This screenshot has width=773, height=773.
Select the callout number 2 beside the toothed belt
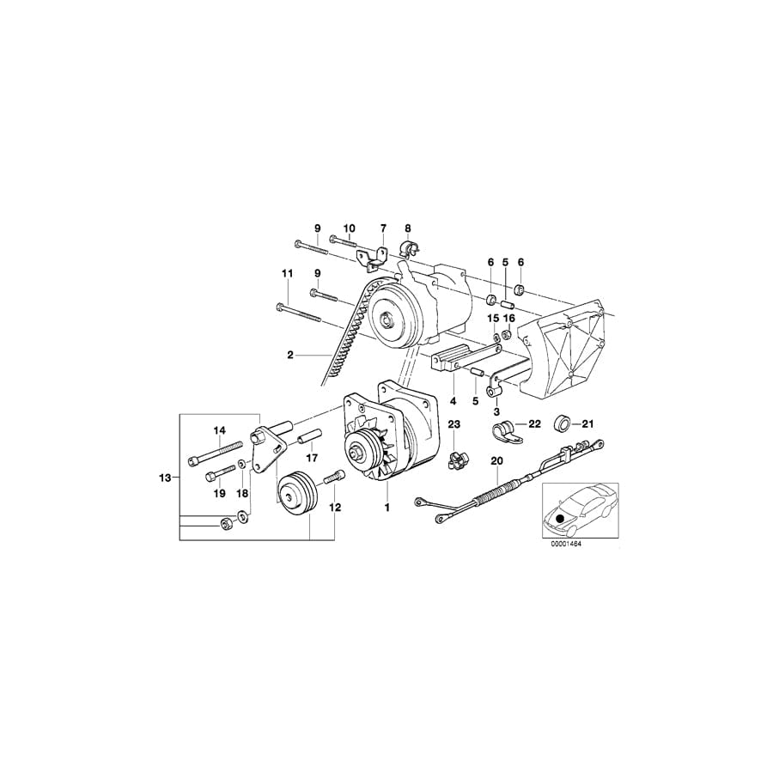tap(291, 354)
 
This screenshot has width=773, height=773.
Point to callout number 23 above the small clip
tap(454, 424)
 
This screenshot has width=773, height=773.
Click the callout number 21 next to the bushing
tap(588, 423)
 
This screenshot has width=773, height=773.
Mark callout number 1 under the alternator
tap(387, 508)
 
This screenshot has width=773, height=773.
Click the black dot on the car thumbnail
tap(562, 518)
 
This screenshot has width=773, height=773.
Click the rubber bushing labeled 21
tap(563, 423)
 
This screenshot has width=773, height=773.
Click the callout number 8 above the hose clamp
tap(408, 228)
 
